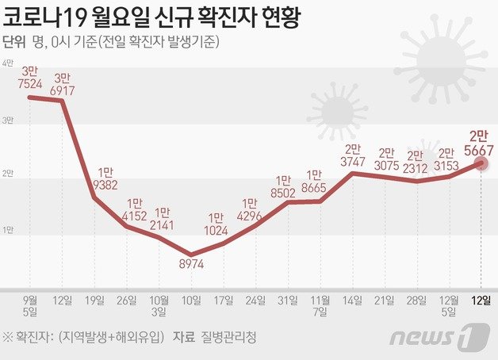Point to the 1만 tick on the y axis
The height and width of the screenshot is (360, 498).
[8, 230]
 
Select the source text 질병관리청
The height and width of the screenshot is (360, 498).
[236, 337]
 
